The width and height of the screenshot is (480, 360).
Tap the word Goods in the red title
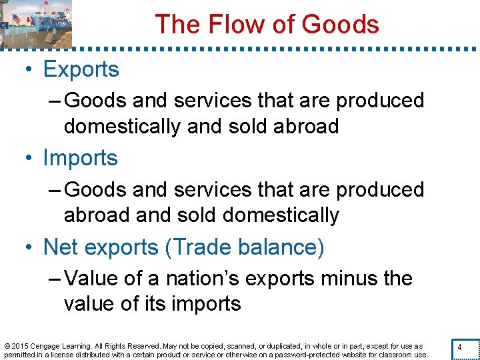click(x=340, y=25)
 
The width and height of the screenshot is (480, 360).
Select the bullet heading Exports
click(x=81, y=69)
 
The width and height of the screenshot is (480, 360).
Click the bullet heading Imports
click(x=80, y=158)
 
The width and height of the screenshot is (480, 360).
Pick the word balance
click(x=289, y=247)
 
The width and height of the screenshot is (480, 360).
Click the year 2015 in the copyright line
click(x=19, y=347)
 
